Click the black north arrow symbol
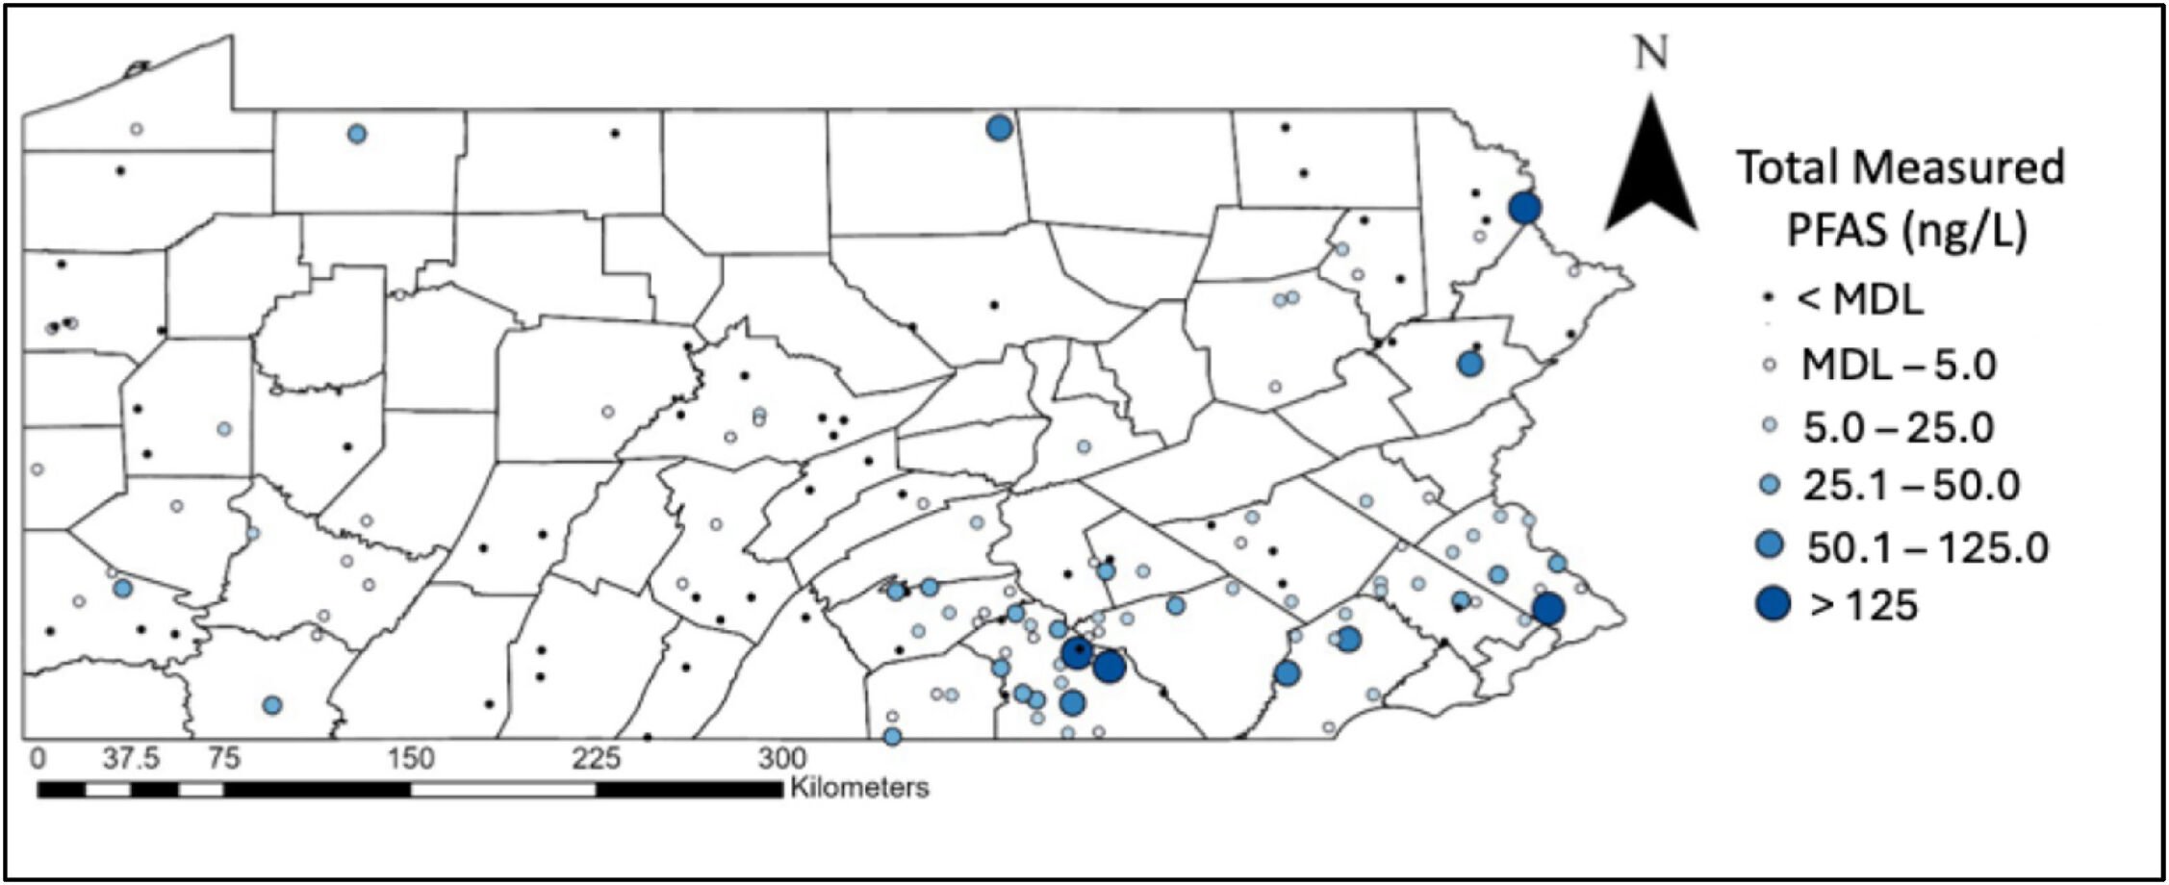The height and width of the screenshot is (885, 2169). pos(1651,173)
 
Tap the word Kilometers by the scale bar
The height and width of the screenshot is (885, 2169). pos(859,788)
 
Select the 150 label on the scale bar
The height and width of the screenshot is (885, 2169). pos(411,759)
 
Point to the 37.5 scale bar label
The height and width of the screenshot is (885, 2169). pos(132,759)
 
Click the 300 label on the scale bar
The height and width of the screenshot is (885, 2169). pos(781,759)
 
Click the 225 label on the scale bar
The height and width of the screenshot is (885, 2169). pos(597,759)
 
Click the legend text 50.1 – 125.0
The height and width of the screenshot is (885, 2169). pos(1927,547)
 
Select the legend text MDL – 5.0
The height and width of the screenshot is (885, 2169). pos(1899,366)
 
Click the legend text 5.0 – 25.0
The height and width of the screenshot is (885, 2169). pos(1898,427)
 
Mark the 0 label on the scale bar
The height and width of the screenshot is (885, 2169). pos(38,759)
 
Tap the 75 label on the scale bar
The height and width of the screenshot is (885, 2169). pos(224,759)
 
